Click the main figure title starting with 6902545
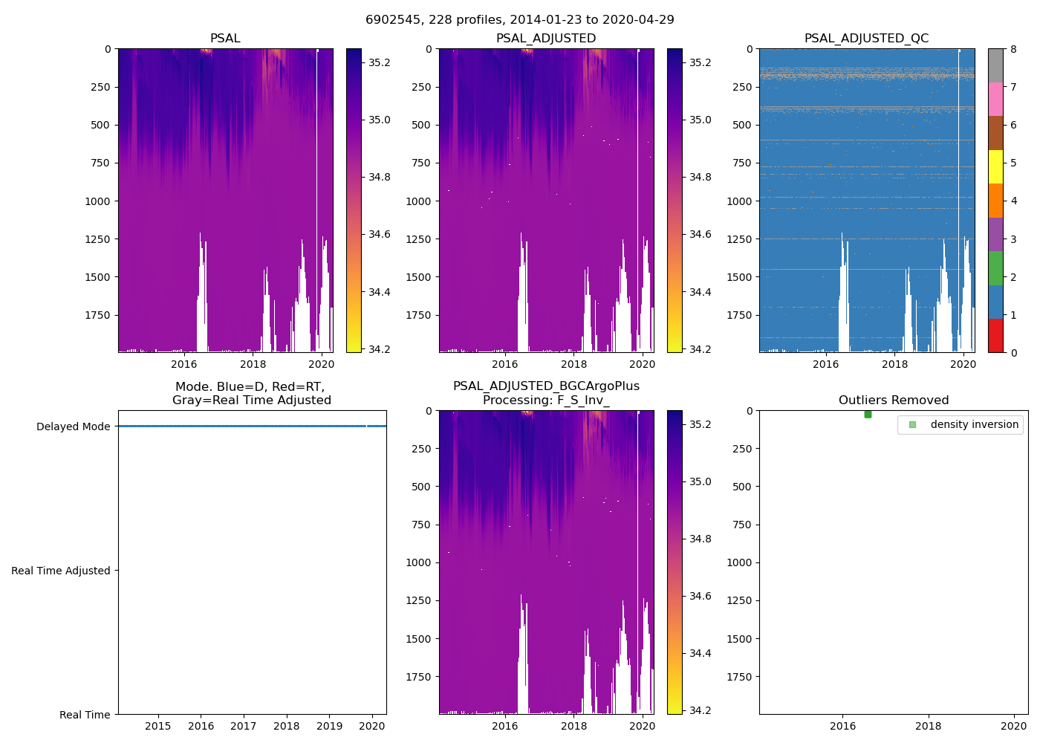[x=520, y=20]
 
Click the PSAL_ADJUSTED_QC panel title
[x=866, y=39]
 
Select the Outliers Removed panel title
[x=893, y=400]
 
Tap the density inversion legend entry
[x=974, y=424]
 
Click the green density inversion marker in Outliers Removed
[x=868, y=414]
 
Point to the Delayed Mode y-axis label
[x=73, y=426]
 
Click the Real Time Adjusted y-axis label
[x=61, y=571]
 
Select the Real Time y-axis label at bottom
[x=85, y=715]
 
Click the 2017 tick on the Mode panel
[x=244, y=726]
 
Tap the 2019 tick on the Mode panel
[x=330, y=726]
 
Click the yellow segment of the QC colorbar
[x=995, y=167]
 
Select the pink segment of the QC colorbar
[x=995, y=99]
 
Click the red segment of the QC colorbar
[x=995, y=336]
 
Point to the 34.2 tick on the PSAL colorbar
[x=380, y=349]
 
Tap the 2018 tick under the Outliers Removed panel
[x=928, y=726]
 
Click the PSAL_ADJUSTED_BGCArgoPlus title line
[x=546, y=386]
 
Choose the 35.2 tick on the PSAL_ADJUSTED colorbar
[x=701, y=62]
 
